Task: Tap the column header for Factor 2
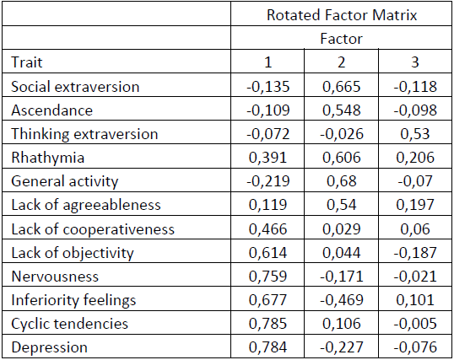point(342,62)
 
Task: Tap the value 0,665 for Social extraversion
point(342,86)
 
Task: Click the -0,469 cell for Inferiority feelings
point(342,299)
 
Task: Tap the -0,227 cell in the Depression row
point(342,347)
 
